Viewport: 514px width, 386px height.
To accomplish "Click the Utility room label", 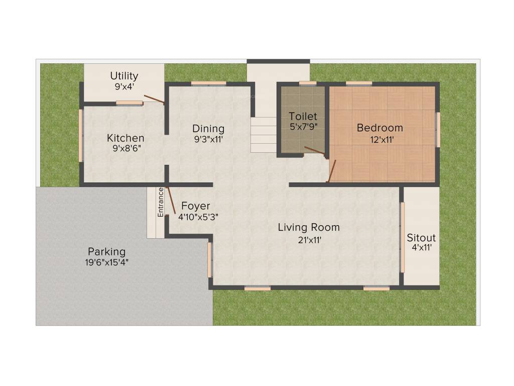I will click(x=124, y=76).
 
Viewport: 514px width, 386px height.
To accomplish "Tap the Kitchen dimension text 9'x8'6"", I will click(x=125, y=149).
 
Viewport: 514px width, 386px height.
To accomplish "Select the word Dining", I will click(x=208, y=129).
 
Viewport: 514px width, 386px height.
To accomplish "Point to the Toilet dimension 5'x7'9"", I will click(x=303, y=127).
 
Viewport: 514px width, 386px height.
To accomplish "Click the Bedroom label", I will click(x=379, y=128).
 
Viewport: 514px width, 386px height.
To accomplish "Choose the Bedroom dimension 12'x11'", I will click(x=379, y=139).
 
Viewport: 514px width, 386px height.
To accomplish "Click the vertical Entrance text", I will click(x=161, y=202).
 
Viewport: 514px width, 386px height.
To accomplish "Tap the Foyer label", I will click(x=195, y=206).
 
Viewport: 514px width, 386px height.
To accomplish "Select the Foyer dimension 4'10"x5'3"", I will click(x=198, y=217).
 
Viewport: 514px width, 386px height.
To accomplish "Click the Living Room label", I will click(x=309, y=227).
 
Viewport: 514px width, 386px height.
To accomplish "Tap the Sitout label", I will click(x=421, y=238).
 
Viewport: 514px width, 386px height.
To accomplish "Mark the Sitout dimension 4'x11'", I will click(x=421, y=247).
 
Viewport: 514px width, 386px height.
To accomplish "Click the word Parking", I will click(x=106, y=251).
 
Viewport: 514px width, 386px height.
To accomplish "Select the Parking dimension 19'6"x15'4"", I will click(x=107, y=262).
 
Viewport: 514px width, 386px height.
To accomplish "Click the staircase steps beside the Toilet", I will click(x=264, y=135).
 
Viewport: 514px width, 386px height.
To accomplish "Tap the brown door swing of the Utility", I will click(x=154, y=99).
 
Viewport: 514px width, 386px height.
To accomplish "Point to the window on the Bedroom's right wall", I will click(x=438, y=130).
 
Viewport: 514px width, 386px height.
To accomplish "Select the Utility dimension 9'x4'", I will click(x=124, y=86).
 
